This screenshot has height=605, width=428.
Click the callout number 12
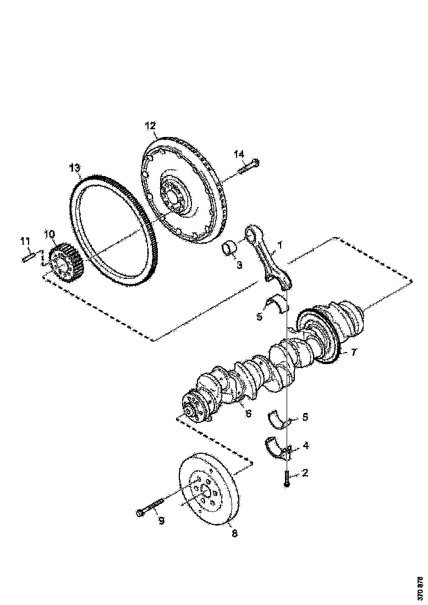[x=150, y=125]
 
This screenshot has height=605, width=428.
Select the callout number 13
[x=75, y=167]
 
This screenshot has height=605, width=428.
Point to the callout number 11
[x=25, y=241]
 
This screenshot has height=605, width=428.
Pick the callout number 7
[x=354, y=351]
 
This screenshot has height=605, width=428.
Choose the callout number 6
[x=248, y=413]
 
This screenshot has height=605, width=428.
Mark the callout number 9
[x=161, y=520]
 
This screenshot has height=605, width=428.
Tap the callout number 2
[x=304, y=472]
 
